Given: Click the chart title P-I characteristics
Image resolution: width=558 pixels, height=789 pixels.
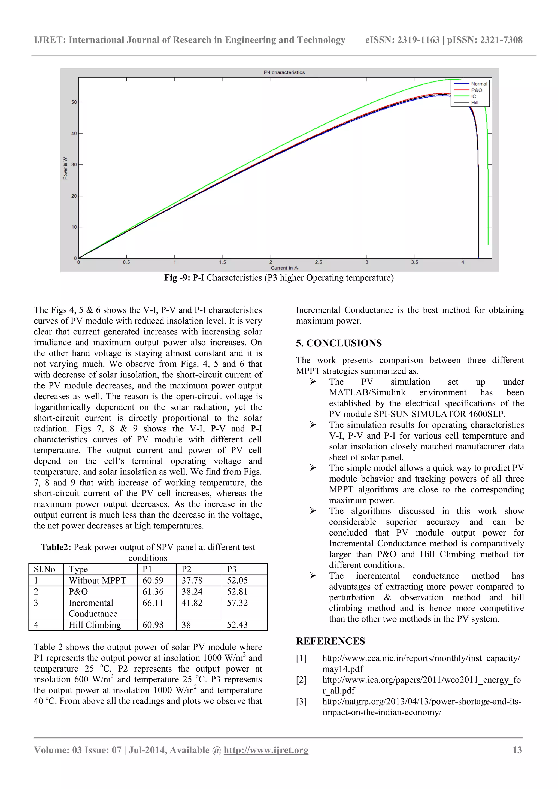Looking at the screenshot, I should tap(284, 72).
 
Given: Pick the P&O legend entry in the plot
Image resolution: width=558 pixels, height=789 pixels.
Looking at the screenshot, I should tap(476, 90).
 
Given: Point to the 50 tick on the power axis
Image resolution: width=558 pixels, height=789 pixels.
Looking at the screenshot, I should tap(74, 102).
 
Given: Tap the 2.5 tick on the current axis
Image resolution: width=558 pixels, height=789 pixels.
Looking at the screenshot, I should tap(319, 262).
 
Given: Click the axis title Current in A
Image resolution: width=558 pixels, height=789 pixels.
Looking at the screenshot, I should tap(284, 268).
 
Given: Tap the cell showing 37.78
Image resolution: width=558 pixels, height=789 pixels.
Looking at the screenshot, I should tap(192, 581).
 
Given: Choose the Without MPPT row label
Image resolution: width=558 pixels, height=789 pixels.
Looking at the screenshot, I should tap(97, 581).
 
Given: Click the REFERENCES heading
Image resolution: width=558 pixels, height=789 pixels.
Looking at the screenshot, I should tap(330, 641).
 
